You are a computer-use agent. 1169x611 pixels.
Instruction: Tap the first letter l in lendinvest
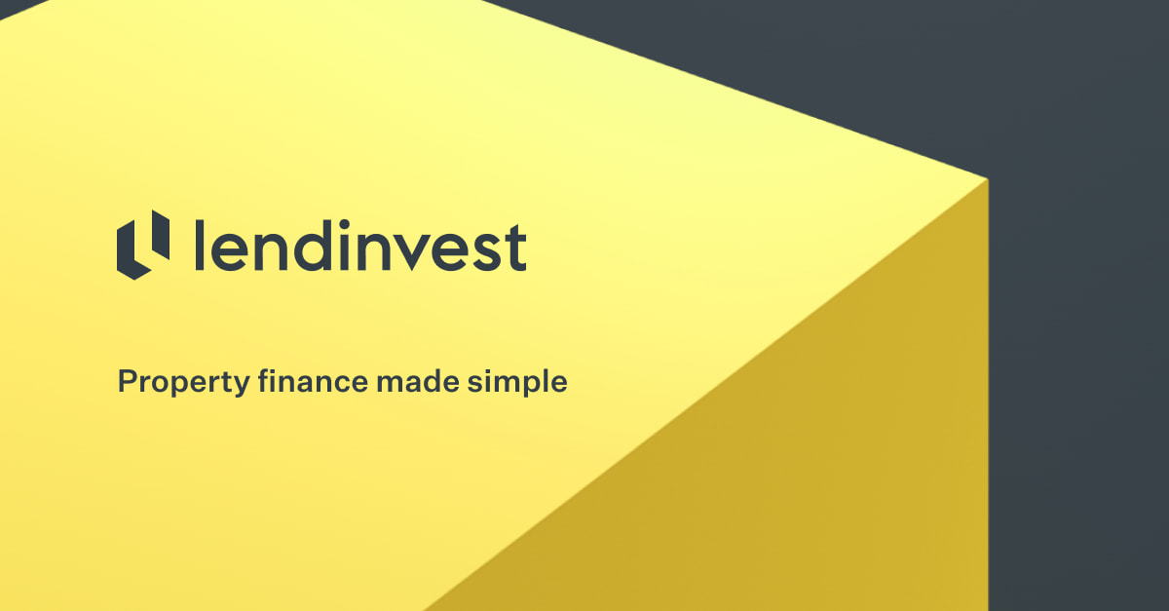pos(199,245)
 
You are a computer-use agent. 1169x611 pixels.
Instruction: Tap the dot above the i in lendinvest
pos(344,225)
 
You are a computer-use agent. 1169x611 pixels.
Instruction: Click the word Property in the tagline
pos(184,383)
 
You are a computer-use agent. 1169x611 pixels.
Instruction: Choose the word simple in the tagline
pos(516,382)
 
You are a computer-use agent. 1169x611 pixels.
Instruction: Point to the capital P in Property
pos(128,381)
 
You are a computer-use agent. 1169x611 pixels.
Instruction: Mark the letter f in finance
pos(264,380)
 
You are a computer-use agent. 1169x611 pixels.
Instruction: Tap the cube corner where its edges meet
pos(988,179)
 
